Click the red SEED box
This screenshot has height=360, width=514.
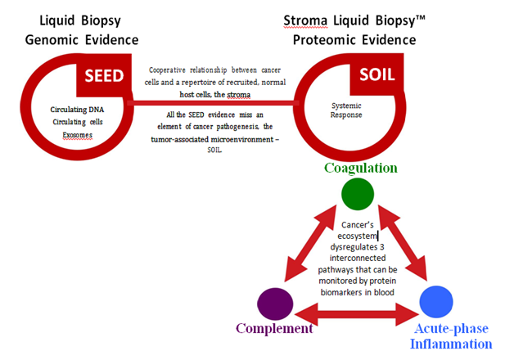103,75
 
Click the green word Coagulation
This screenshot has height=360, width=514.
360,168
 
